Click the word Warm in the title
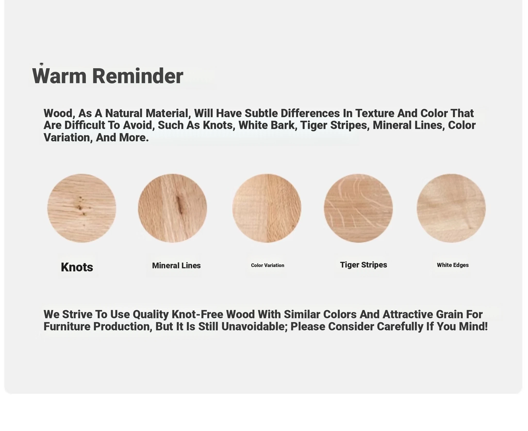tap(59, 76)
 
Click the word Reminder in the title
tap(138, 76)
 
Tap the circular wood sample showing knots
tap(81, 208)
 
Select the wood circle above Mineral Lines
tap(172, 208)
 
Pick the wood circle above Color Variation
tap(267, 208)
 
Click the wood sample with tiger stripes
tap(358, 208)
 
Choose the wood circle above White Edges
tap(451, 208)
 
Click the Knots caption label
tap(77, 267)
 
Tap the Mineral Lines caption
tap(176, 265)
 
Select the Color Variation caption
tap(268, 265)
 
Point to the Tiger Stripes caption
tap(364, 265)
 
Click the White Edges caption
tap(453, 265)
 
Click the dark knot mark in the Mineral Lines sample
tap(179, 205)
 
